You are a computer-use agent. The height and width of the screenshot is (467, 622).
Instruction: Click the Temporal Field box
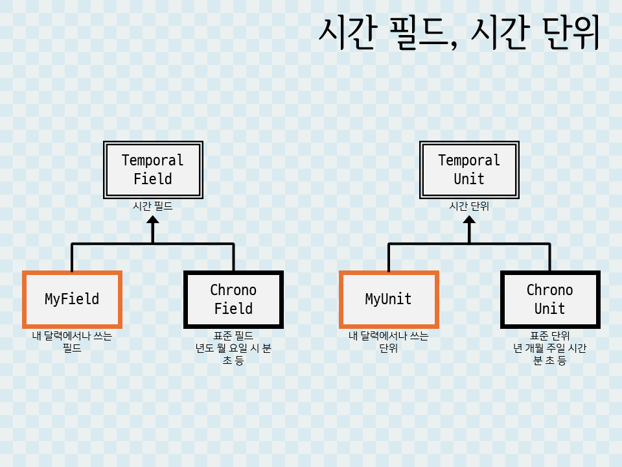153,170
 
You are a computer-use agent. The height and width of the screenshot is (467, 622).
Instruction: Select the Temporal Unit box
469,170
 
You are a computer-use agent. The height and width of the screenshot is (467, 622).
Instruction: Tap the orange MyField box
72,299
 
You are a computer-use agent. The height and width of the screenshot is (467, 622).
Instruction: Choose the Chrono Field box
233,299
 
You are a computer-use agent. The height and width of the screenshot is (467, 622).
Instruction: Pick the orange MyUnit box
389,299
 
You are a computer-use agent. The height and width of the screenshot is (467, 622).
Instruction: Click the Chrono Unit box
549,299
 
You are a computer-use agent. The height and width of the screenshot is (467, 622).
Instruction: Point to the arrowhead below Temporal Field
153,221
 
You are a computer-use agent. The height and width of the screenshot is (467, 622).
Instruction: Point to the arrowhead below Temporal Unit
469,221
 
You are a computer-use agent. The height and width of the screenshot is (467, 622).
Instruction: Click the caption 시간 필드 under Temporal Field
153,207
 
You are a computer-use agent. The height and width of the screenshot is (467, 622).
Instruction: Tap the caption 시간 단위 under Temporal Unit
469,207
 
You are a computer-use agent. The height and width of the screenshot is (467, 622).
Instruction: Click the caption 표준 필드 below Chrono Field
233,336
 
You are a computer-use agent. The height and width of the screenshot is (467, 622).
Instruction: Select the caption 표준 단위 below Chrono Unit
549,336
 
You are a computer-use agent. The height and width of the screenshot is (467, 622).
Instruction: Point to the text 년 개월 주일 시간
549,348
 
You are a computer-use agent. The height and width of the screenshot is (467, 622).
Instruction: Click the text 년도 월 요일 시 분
233,348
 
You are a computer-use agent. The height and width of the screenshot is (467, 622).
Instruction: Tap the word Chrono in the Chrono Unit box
549,290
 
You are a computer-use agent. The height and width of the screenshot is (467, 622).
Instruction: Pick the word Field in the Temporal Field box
153,179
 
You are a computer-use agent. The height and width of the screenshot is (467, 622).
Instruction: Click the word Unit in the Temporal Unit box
469,179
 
